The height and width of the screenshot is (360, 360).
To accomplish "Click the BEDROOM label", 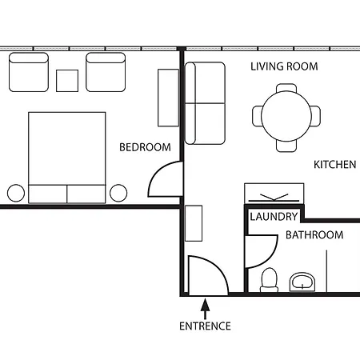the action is coord(145,147).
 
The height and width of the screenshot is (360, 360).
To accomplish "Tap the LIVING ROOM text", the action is coord(284,66).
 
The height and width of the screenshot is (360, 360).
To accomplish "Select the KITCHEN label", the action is coord(335,165).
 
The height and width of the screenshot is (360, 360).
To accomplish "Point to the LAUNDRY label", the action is coord(274,217).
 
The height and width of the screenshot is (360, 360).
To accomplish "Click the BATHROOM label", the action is coord(314,235).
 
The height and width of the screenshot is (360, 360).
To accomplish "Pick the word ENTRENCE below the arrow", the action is coord(205,326).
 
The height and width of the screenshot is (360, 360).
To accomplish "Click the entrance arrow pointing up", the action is coord(205,309).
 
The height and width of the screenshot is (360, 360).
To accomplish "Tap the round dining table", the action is coord(286,116).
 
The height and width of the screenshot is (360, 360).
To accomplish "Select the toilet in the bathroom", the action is coord(269,280).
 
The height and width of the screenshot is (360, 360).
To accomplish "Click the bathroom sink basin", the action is coord(302,282).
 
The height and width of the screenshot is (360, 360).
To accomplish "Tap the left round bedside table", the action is coord(16,193).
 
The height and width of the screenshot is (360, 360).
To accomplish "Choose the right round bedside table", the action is coord(118,193).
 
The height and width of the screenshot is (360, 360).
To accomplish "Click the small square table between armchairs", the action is coord(67,81).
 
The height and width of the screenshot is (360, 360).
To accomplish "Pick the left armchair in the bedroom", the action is coord(29,72).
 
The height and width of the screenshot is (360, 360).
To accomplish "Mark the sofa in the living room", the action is coord(205,103).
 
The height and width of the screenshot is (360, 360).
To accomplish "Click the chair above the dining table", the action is coord(286,88).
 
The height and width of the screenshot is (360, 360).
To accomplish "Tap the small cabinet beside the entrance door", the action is coord(194,223).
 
